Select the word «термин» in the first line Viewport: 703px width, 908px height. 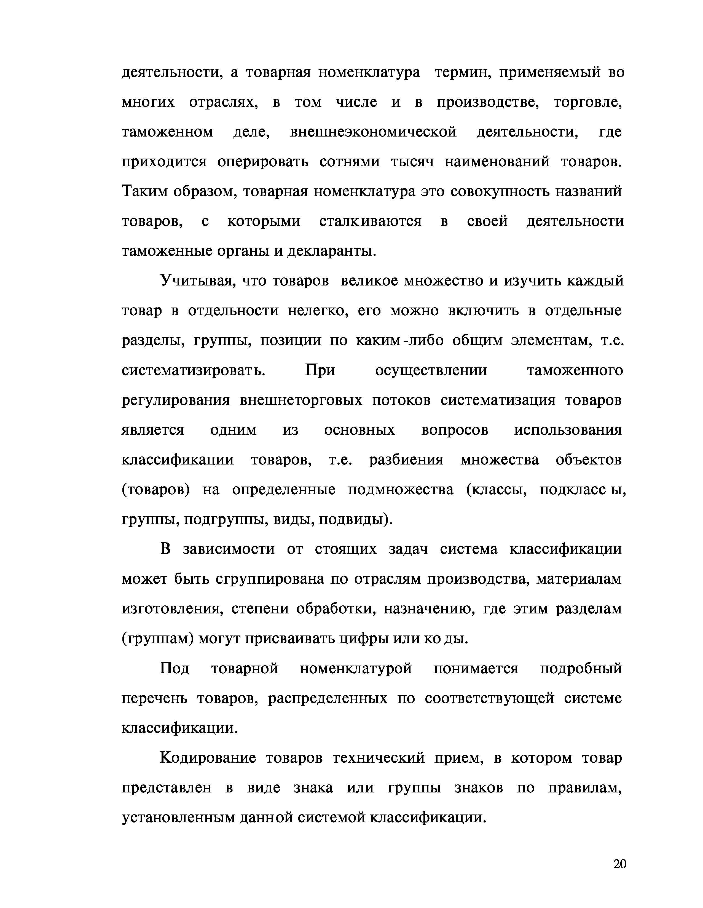point(461,73)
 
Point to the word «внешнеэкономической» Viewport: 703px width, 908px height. point(373,132)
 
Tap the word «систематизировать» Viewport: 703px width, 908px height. point(193,370)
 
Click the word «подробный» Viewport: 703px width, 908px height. point(581,669)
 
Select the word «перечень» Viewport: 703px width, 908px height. point(154,698)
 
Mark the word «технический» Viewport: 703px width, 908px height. point(379,758)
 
